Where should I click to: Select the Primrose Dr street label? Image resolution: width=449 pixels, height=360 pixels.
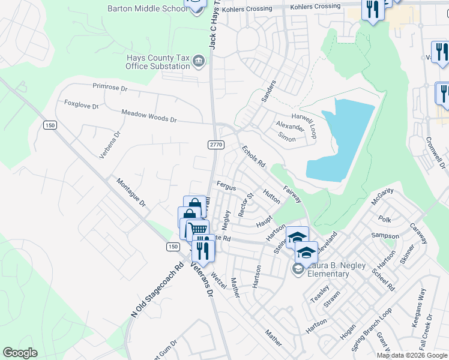[110, 88]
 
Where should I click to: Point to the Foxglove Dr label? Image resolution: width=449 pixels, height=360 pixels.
[81, 105]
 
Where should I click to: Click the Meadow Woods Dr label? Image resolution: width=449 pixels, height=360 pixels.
[149, 116]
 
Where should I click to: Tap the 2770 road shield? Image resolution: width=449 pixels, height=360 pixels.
[216, 145]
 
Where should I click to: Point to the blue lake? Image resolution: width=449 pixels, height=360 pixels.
[342, 141]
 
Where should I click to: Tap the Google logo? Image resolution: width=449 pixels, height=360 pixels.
[20, 353]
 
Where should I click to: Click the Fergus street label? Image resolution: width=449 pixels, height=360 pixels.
[226, 187]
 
